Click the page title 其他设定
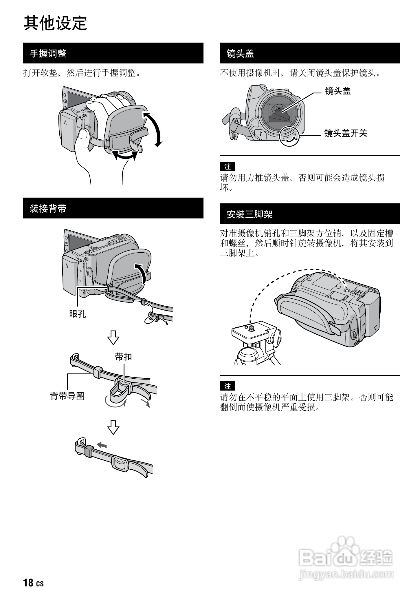tap(55, 23)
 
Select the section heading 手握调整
tap(48, 53)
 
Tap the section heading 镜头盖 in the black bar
tap(240, 53)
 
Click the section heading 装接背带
tap(48, 208)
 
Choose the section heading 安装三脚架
tap(250, 214)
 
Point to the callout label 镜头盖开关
tap(346, 133)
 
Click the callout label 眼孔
tap(78, 314)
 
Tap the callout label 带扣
tap(123, 357)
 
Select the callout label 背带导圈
tap(67, 396)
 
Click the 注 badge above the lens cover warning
tap(228, 167)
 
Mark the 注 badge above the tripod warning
tap(228, 386)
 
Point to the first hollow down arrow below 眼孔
tap(113, 337)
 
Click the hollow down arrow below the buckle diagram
tap(113, 427)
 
